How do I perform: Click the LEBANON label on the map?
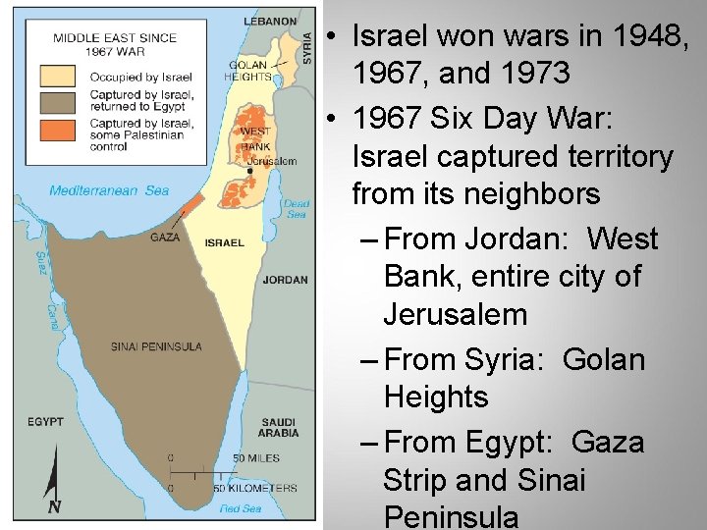(270, 21)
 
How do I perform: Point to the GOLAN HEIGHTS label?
(247, 71)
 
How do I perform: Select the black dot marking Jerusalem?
(250, 170)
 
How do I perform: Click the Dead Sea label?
(296, 208)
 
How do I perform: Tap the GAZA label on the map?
(165, 238)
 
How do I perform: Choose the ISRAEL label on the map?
(225, 242)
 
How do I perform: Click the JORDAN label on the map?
(286, 280)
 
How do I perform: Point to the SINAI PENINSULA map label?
(156, 345)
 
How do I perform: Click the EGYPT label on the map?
(45, 422)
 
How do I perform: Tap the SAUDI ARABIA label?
(279, 427)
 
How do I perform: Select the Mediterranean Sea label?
(109, 191)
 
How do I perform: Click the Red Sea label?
(240, 508)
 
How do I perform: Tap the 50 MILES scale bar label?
(257, 458)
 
